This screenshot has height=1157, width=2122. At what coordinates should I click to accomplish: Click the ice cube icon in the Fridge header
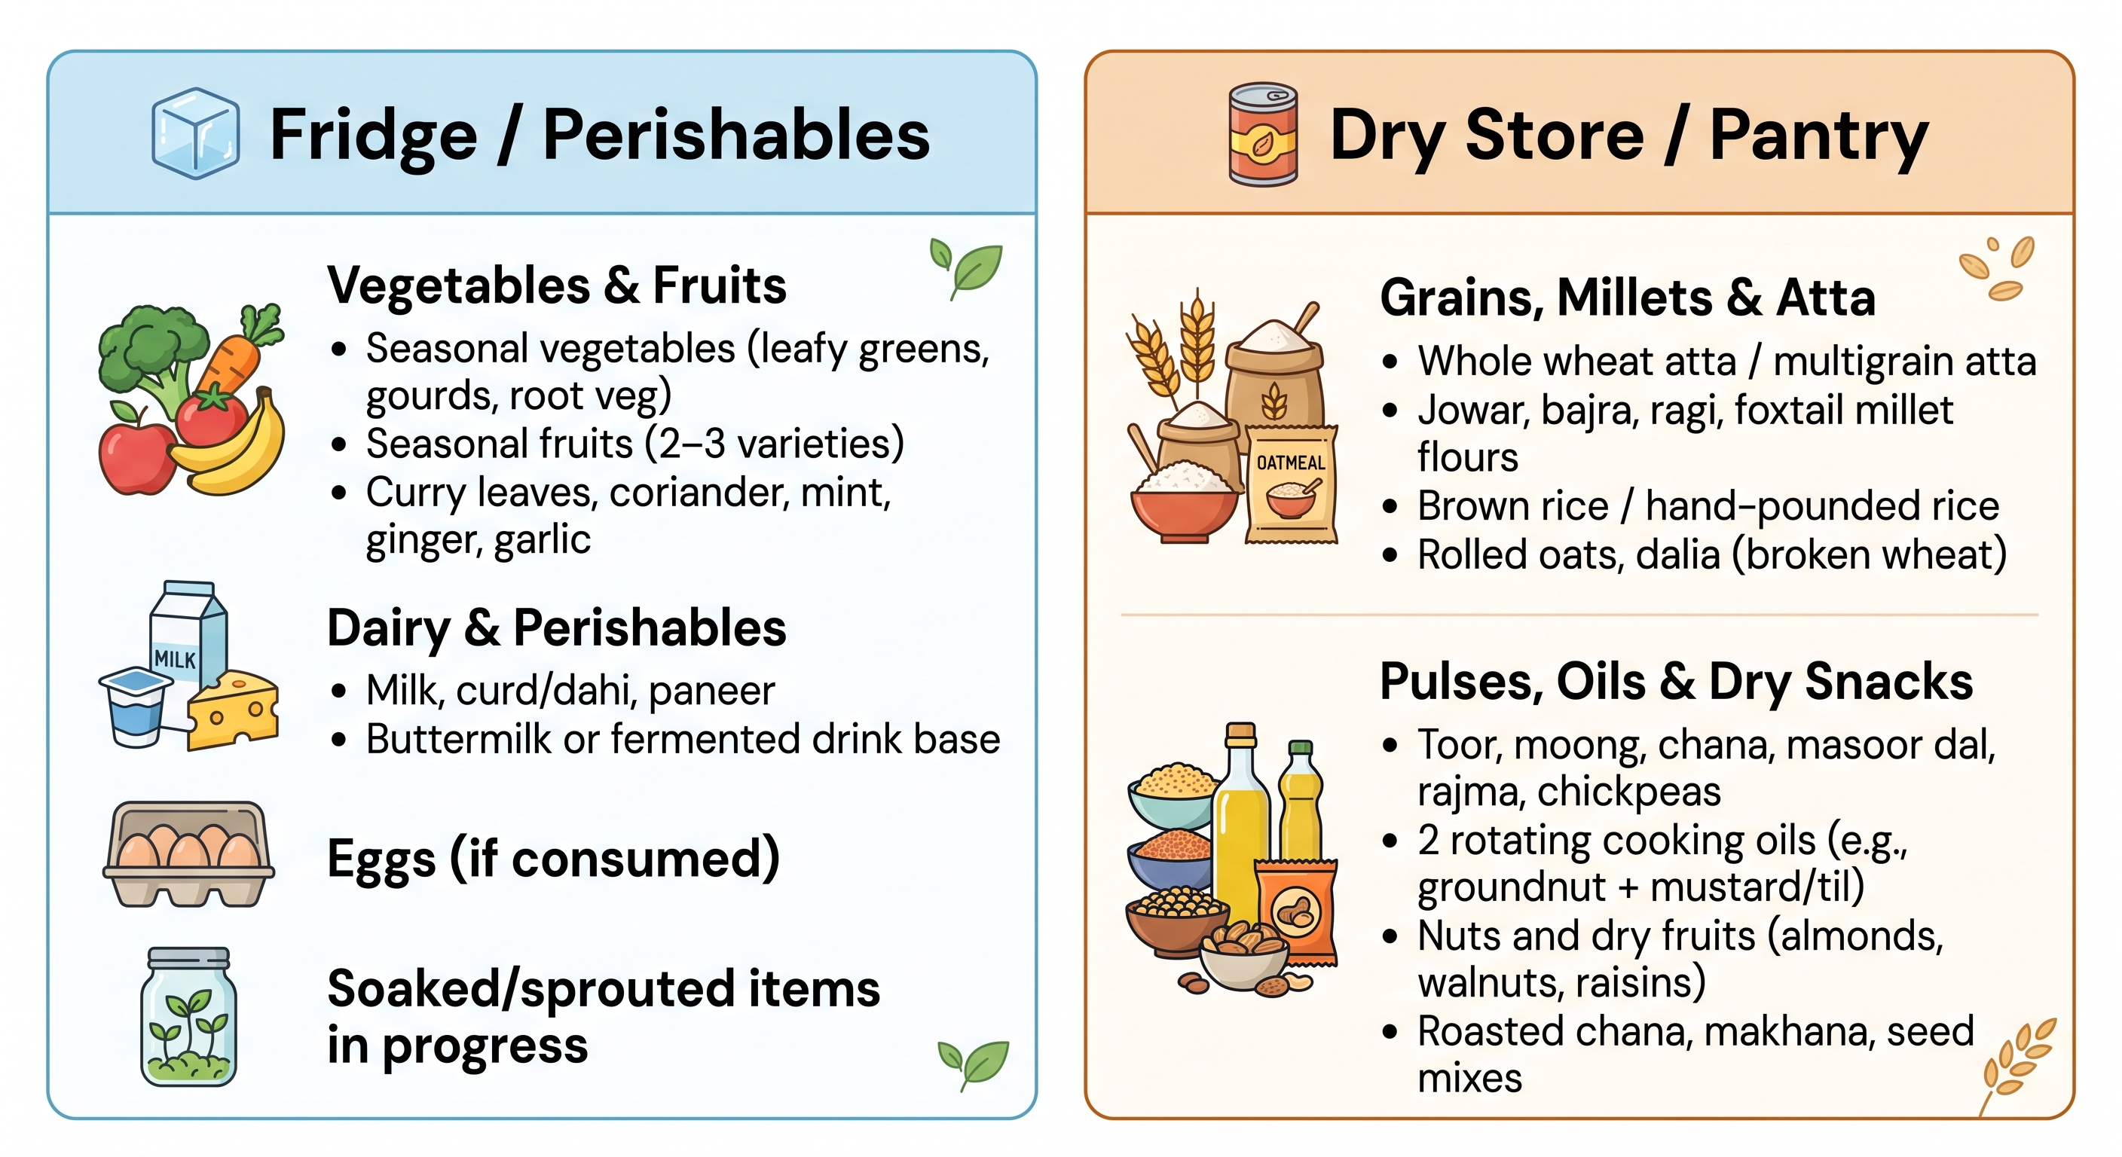[x=195, y=133]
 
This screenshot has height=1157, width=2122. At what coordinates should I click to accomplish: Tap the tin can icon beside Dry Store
[x=1262, y=134]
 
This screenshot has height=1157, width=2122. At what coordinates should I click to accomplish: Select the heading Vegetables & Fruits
[x=557, y=285]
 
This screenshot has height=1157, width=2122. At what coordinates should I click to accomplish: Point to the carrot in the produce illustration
[x=239, y=350]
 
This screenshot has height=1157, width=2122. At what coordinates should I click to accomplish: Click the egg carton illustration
[x=188, y=854]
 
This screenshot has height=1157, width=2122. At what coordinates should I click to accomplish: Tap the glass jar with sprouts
[x=188, y=1017]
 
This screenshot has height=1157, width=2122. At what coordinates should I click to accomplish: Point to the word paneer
[x=711, y=691]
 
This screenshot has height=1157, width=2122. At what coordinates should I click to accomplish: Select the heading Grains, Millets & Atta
[x=1628, y=298]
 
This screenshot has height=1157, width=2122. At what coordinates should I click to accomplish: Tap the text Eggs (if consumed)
[x=554, y=859]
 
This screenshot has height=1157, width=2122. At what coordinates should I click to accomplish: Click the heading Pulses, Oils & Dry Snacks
[x=1677, y=682]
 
